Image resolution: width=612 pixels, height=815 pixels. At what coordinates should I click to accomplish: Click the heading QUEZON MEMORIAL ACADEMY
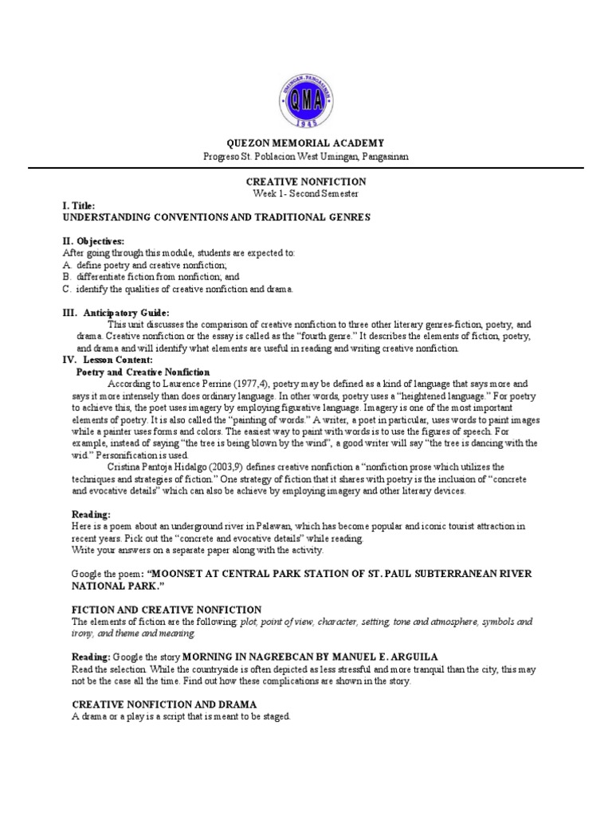click(x=306, y=143)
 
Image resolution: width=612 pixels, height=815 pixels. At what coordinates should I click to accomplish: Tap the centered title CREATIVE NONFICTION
click(x=306, y=182)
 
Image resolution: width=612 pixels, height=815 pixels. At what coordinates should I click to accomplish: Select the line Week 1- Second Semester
click(x=306, y=193)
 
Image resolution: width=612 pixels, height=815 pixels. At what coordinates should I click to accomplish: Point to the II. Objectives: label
click(x=93, y=241)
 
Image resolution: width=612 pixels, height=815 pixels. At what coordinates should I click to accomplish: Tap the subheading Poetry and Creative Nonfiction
click(x=143, y=372)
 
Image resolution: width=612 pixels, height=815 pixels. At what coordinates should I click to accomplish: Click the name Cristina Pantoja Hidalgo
click(x=170, y=467)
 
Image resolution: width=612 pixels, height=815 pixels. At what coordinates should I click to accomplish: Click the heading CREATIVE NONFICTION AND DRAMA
click(x=164, y=704)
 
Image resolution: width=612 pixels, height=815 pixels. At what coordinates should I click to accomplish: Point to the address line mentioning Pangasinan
click(x=306, y=157)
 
